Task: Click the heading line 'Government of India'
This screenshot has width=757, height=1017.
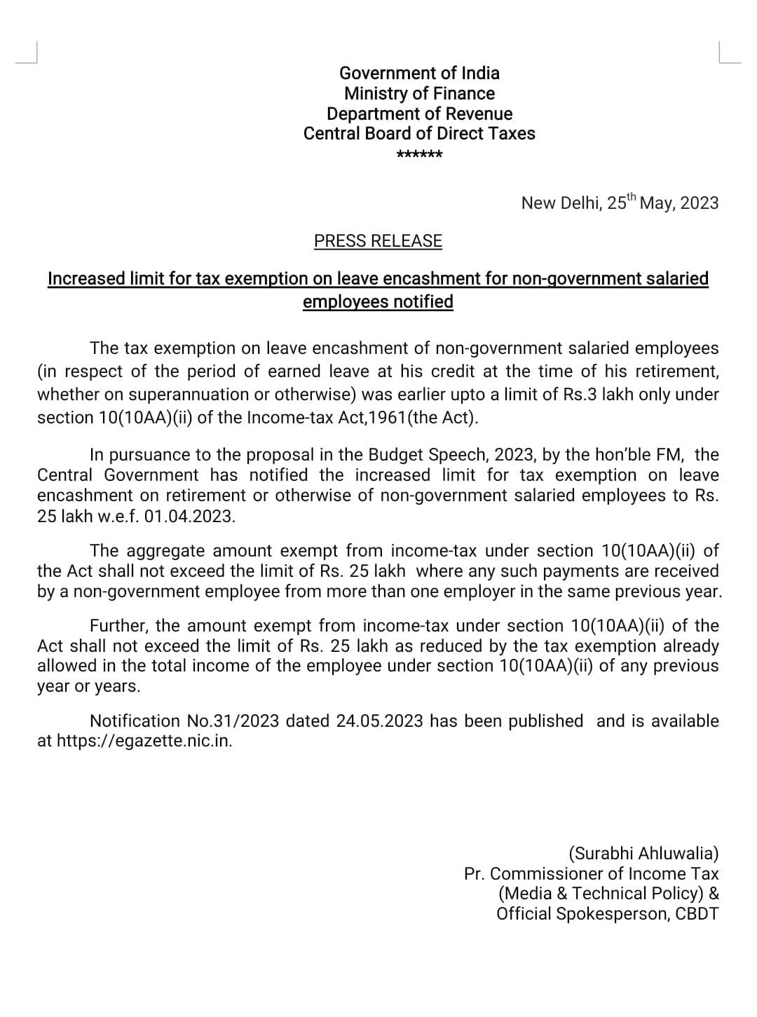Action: click(x=419, y=73)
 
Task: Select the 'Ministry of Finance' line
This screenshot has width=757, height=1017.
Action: click(x=419, y=93)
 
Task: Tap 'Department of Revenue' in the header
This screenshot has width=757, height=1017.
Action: click(x=419, y=114)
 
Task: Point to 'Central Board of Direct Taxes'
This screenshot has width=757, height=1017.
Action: click(x=419, y=133)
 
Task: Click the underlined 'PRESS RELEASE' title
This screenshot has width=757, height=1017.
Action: click(x=378, y=241)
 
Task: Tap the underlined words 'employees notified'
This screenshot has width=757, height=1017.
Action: click(x=378, y=302)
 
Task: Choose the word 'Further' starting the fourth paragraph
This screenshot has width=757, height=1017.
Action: click(x=118, y=626)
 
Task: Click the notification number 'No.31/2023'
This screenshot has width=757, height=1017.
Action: click(x=233, y=721)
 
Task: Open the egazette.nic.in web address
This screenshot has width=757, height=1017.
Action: click(x=144, y=741)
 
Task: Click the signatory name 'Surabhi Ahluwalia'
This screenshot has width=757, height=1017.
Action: click(x=643, y=853)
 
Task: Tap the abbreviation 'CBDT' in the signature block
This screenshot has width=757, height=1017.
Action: click(x=697, y=914)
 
